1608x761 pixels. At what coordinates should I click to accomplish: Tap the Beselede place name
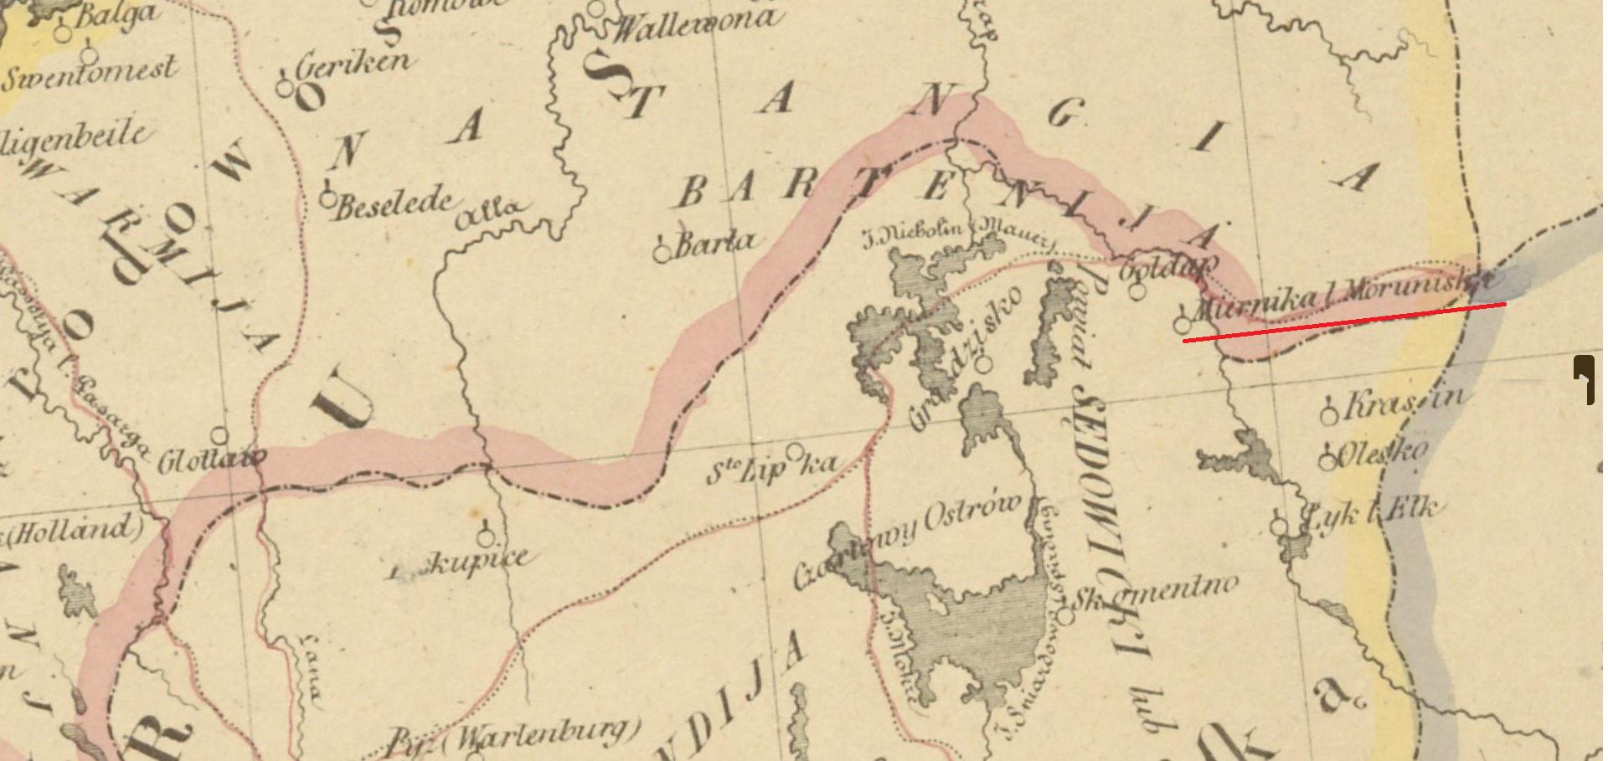click(394, 203)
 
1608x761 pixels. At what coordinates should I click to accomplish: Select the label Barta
click(714, 242)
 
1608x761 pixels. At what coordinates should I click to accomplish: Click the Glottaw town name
click(213, 460)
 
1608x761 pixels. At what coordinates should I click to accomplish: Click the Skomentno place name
click(1156, 593)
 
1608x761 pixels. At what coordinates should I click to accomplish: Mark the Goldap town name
click(1167, 269)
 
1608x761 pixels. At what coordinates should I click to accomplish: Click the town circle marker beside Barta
click(662, 251)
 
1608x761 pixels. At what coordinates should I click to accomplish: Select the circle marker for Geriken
click(285, 87)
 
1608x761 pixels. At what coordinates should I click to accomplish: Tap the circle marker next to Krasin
click(1329, 414)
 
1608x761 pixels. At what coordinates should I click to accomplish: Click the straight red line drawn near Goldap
click(1344, 322)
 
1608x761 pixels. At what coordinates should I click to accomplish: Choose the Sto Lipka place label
click(770, 467)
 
